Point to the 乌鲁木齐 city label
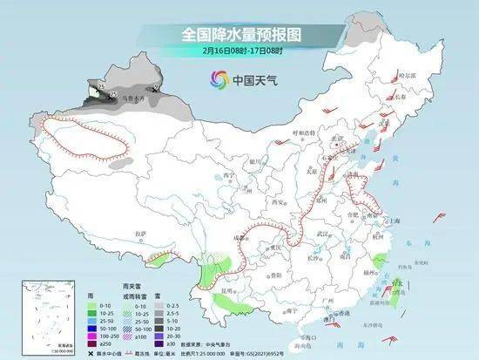point(129,101)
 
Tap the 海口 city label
point(301,335)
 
